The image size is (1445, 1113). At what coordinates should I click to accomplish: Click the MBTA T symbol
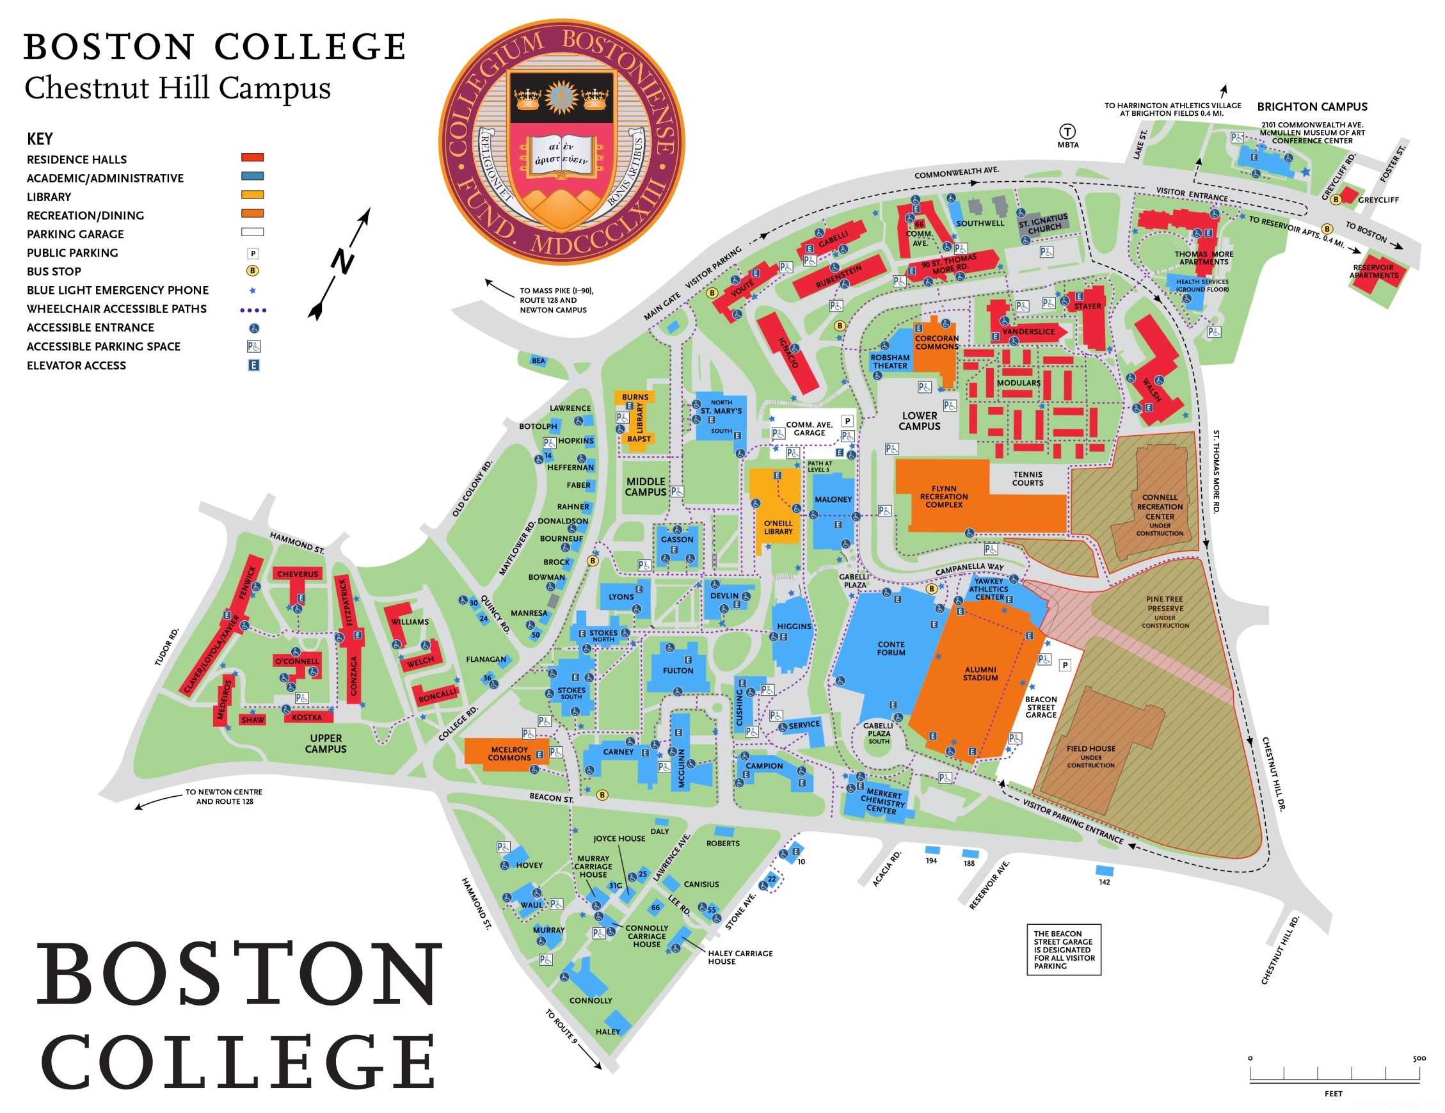[1067, 132]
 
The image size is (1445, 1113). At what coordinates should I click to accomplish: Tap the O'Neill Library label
[778, 527]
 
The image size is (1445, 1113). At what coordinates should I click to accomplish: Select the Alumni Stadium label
[980, 673]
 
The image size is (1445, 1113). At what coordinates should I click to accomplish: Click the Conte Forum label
[891, 648]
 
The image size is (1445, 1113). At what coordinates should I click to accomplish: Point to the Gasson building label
[677, 540]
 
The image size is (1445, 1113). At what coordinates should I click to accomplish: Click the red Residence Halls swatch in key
[252, 157]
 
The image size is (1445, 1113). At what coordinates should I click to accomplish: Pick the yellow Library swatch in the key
[252, 195]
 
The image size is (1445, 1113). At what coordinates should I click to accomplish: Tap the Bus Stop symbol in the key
[252, 271]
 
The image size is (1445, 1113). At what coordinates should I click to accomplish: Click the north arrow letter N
[343, 261]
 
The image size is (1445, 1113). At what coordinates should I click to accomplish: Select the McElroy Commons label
[509, 754]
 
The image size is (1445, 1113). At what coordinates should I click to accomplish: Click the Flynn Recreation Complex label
[943, 496]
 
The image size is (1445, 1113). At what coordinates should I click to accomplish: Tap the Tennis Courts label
[1027, 479]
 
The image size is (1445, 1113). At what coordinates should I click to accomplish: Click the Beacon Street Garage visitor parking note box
[1063, 950]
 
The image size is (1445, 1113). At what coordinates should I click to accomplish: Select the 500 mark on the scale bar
[1419, 1059]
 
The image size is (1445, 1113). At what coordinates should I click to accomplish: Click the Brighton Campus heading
[1311, 106]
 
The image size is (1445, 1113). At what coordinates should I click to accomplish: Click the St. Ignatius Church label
[1043, 223]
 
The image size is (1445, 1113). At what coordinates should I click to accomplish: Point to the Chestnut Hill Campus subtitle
[177, 88]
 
